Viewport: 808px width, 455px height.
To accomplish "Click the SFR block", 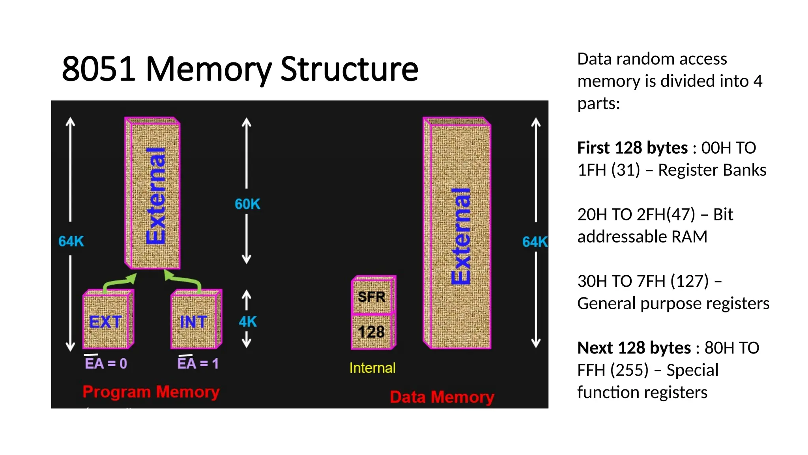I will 372,296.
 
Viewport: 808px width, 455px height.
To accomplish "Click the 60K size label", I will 247,204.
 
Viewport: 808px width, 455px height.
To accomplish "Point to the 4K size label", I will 248,322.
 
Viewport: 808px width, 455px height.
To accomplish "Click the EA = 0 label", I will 106,363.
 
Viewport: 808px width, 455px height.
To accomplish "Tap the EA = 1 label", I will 198,363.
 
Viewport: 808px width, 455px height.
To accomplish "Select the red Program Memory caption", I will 151,392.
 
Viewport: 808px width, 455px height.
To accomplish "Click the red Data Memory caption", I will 442,397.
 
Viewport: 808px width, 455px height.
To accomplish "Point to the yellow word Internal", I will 372,368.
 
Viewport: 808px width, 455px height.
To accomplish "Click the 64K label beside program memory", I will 71,241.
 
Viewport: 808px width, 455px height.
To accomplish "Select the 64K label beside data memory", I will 534,241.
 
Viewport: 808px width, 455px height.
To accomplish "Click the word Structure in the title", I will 349,69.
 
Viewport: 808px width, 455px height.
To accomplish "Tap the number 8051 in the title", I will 99,69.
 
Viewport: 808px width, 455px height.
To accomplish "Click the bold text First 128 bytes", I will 632,148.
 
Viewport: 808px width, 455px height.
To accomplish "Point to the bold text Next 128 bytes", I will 634,348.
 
